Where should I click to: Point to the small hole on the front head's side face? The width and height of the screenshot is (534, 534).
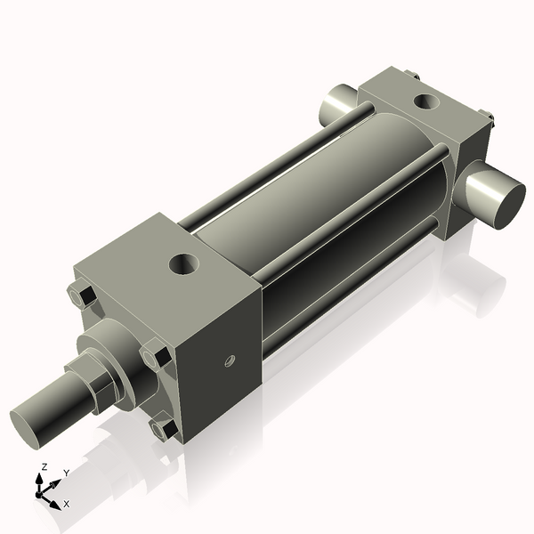228,361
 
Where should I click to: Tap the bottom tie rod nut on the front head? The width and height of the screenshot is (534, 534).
166,430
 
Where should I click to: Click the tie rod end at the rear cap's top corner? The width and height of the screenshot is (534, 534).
411,77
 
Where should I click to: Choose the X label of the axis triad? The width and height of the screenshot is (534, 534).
66,504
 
